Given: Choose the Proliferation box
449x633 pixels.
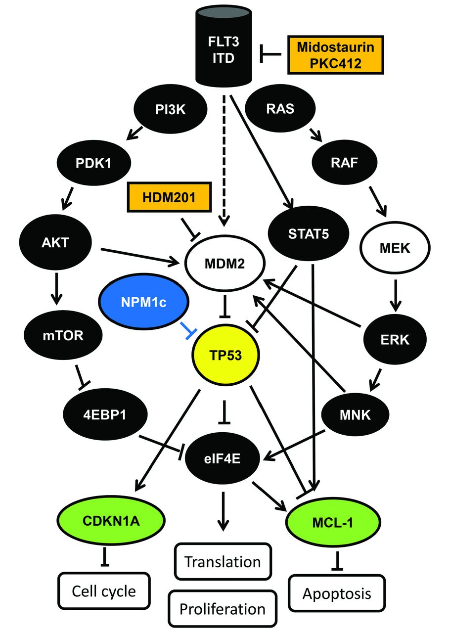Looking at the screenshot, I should pyautogui.click(x=222, y=609).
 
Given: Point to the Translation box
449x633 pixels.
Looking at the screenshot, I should pyautogui.click(x=222, y=562).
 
